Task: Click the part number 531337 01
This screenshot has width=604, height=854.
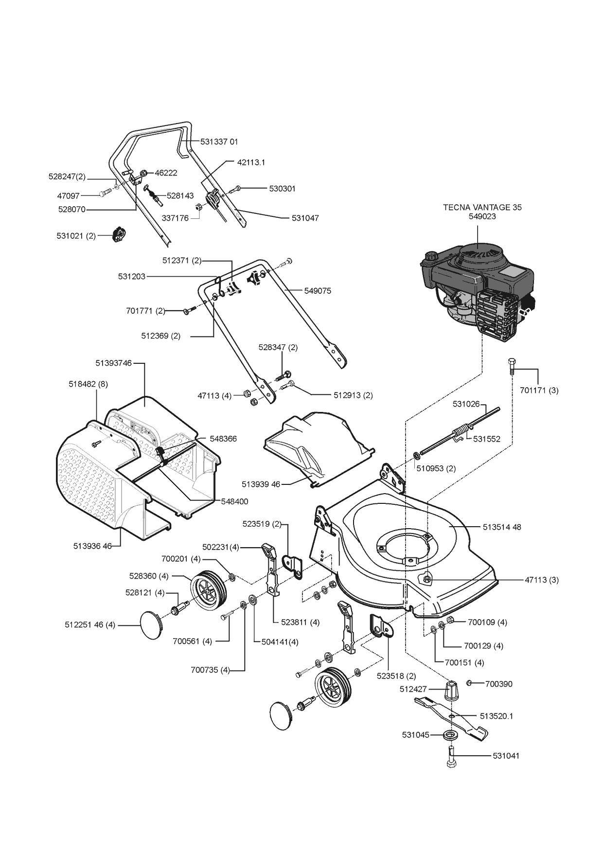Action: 219,142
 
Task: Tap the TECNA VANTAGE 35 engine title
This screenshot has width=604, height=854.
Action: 482,207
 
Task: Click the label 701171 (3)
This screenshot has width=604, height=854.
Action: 538,390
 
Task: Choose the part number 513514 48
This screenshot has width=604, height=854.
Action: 502,527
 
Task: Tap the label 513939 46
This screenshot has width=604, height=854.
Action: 261,484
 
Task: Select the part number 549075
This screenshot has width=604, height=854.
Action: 318,291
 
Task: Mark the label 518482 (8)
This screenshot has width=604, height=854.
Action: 89,384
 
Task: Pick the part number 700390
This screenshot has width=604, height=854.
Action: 499,684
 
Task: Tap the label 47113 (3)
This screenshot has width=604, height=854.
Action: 542,580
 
